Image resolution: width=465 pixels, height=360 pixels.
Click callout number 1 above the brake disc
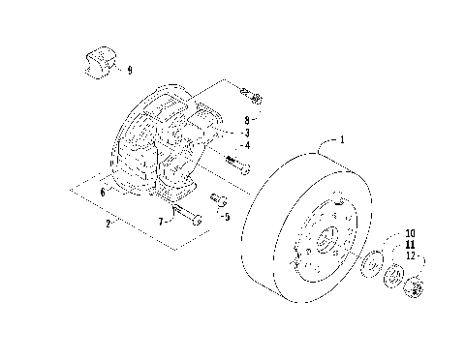click(x=342, y=139)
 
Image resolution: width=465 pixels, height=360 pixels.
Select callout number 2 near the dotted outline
click(x=108, y=224)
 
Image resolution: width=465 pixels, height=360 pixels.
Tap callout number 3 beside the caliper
click(x=247, y=133)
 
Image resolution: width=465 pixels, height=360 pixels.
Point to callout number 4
click(x=247, y=145)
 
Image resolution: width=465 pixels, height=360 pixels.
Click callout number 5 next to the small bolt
click(x=228, y=217)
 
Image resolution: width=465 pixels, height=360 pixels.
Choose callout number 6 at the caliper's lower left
click(x=103, y=193)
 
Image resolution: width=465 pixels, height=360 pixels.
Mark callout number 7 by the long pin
click(x=161, y=222)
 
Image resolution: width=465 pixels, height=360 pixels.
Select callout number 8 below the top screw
click(x=247, y=120)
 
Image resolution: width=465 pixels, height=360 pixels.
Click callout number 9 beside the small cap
click(x=130, y=70)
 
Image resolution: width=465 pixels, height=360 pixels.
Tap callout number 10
click(x=410, y=233)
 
